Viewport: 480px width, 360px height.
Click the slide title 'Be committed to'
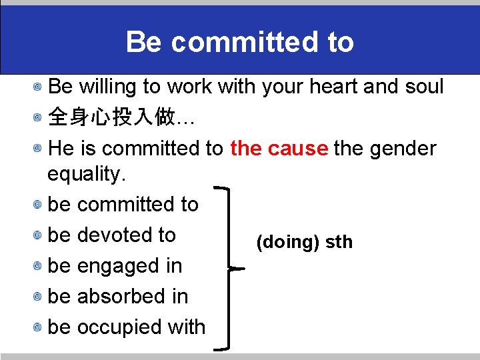click(x=239, y=42)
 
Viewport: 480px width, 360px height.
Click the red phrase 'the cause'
click(x=279, y=148)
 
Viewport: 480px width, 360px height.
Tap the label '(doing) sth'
click(x=305, y=242)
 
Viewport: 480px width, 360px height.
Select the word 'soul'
click(x=425, y=87)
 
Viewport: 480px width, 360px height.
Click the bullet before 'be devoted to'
click(x=39, y=236)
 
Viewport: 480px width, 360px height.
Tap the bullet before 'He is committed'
click(x=39, y=149)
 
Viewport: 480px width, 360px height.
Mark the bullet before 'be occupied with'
click(x=39, y=328)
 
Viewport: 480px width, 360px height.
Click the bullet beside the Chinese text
click(x=39, y=119)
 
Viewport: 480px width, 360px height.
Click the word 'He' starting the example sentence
click(x=61, y=148)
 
